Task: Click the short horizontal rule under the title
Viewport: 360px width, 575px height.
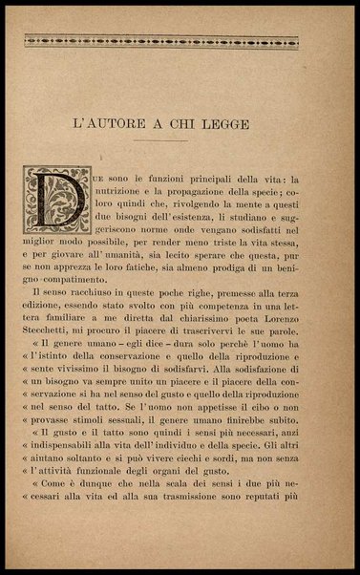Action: [x=180, y=142]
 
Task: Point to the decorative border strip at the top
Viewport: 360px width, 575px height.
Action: [x=180, y=41]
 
